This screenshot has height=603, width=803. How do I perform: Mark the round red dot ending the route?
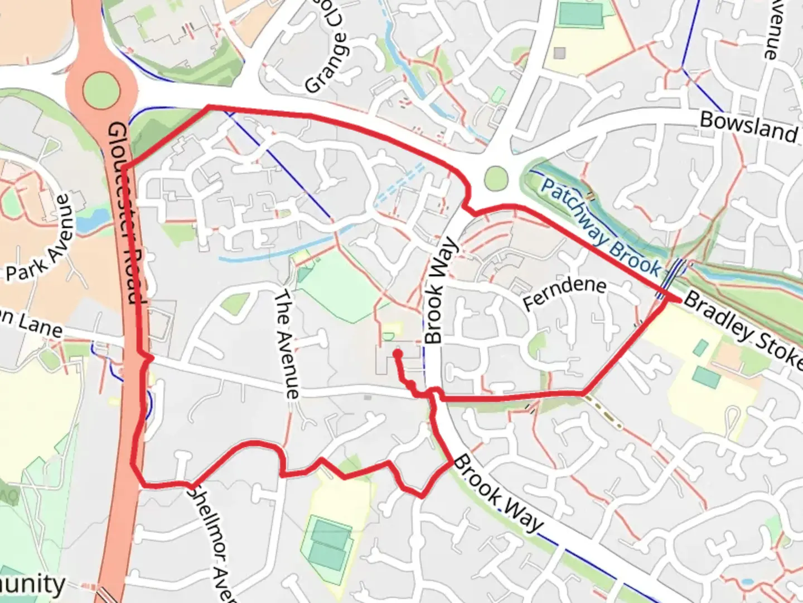[x=398, y=353]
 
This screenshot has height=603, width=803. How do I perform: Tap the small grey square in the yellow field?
[x=559, y=53]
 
